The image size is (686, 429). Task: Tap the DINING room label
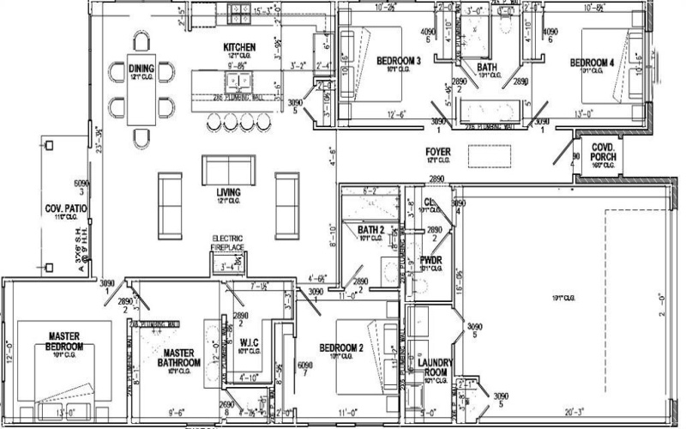[x=141, y=69]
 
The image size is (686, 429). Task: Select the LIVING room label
[x=228, y=190]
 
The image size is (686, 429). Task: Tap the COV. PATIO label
[x=62, y=209]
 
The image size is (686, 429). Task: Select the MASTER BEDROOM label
[x=65, y=341]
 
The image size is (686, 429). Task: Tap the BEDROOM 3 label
[x=398, y=60]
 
